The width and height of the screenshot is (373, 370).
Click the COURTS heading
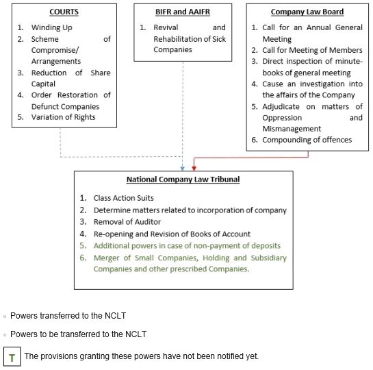click(64, 12)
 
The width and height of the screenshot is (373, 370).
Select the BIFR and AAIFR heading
click(183, 12)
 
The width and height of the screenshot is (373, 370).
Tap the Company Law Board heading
click(307, 12)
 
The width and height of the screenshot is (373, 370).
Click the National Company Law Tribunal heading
click(183, 180)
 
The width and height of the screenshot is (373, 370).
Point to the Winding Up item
click(52, 27)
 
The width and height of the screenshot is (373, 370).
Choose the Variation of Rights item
click(63, 117)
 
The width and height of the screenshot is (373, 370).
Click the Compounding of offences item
click(307, 140)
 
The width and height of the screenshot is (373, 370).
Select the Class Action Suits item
click(124, 198)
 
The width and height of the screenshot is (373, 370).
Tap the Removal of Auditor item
click(127, 222)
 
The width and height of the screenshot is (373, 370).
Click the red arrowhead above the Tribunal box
click(194, 169)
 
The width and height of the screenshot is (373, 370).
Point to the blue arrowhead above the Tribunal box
click(183, 169)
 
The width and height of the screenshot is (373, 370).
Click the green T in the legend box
click(12, 358)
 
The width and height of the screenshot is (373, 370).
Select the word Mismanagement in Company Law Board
click(292, 129)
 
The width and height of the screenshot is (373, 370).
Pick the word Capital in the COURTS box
click(43, 84)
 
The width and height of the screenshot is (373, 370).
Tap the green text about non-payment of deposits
click(188, 246)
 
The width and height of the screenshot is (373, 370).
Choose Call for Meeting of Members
click(312, 50)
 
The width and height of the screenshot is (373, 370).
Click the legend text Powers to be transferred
click(79, 334)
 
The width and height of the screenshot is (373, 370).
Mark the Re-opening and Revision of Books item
click(172, 234)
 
